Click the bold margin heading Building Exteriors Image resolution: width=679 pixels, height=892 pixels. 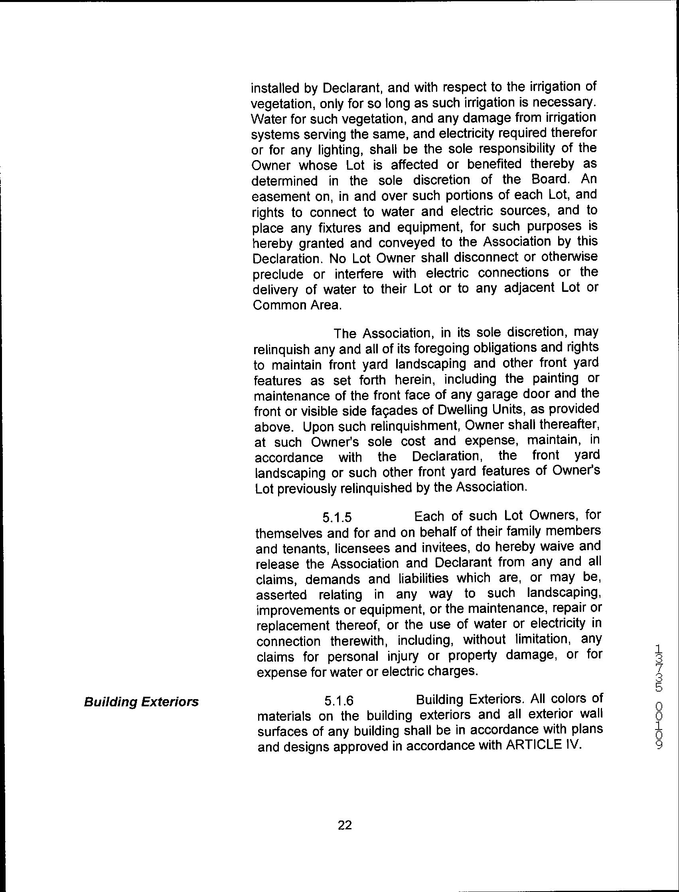coord(141,702)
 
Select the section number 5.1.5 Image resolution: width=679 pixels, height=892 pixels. coord(337,517)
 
